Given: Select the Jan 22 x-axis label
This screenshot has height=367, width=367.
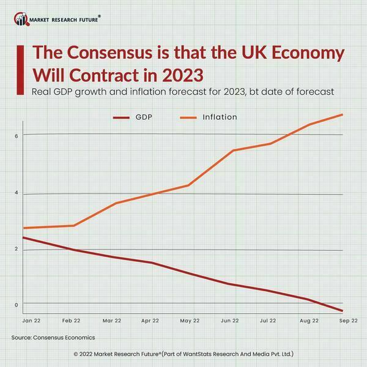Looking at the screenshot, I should click(31, 321).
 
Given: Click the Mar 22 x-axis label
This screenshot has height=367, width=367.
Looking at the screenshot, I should click(111, 321).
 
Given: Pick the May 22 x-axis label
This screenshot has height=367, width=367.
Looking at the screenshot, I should click(190, 321).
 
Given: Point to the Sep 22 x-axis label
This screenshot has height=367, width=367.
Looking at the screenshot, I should click(349, 321).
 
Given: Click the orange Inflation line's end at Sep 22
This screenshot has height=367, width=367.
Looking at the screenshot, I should click(342, 114).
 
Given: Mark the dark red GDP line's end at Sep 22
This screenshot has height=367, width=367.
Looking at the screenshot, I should click(342, 311).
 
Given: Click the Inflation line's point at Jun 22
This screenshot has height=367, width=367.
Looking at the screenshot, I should click(233, 150).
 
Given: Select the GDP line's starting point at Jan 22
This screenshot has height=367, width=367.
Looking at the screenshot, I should click(23, 237).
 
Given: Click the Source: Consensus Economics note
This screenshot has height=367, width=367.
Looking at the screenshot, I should click(53, 338).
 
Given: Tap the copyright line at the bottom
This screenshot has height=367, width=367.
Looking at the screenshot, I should click(183, 354).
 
